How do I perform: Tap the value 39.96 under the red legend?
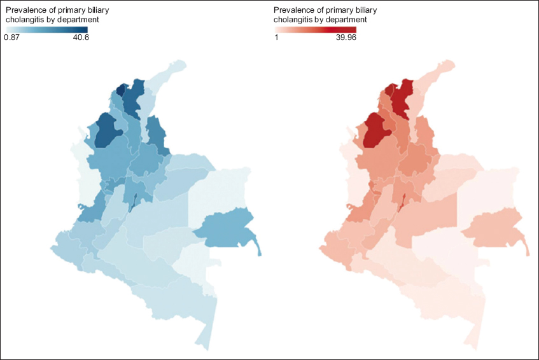click(x=346, y=38)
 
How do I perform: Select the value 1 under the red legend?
click(x=276, y=38)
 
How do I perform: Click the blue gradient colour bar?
click(x=46, y=29)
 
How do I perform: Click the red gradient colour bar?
click(x=315, y=29)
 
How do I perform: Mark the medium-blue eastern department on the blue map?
click(x=225, y=226)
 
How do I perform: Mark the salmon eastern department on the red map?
click(x=494, y=226)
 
